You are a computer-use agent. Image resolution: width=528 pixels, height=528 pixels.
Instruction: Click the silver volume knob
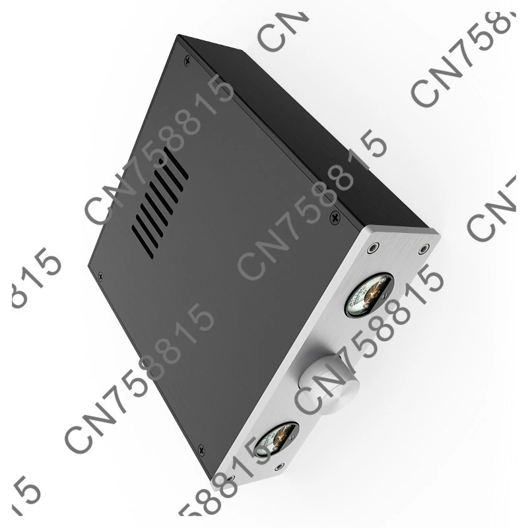click(328, 378)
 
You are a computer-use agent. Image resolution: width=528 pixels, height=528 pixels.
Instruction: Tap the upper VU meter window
click(368, 294)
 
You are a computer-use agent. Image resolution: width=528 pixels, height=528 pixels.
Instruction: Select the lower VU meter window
click(277, 440)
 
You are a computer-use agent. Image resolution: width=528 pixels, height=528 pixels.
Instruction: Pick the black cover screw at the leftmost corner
click(100, 275)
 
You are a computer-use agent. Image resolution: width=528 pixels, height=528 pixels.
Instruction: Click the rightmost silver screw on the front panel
click(423, 249)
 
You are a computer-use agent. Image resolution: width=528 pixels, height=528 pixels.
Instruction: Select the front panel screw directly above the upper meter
click(374, 249)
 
